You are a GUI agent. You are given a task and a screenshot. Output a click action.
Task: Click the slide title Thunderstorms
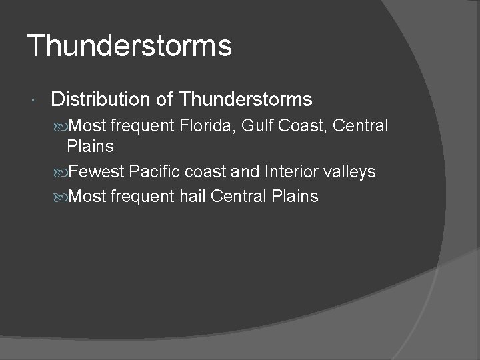pyautogui.click(x=129, y=46)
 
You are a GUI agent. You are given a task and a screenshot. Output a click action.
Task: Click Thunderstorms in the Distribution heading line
pyautogui.click(x=246, y=100)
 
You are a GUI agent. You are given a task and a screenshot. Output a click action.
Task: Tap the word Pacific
pyautogui.click(x=155, y=172)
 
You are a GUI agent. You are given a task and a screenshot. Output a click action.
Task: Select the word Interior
pyautogui.click(x=291, y=172)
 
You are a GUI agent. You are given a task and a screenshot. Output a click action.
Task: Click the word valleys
pyautogui.click(x=349, y=172)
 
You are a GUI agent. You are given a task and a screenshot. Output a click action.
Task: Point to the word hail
pyautogui.click(x=193, y=197)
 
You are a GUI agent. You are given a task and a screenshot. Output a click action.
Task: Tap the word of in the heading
pyautogui.click(x=164, y=100)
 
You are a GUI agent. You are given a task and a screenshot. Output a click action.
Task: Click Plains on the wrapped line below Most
pyautogui.click(x=91, y=147)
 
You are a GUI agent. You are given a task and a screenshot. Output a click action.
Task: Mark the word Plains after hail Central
pyautogui.click(x=295, y=197)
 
